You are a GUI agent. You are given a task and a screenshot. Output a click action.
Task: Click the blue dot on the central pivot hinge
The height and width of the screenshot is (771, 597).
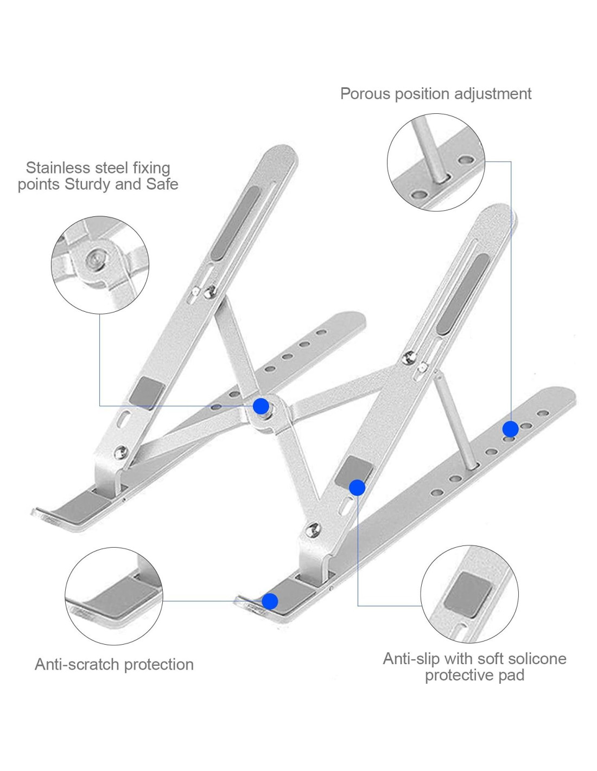(261, 406)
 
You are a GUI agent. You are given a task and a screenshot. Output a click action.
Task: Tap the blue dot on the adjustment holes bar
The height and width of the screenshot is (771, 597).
(510, 429)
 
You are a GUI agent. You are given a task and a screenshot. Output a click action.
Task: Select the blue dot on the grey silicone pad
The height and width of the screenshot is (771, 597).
(357, 487)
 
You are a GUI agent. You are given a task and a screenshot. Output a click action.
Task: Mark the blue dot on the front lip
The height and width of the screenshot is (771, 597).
(270, 601)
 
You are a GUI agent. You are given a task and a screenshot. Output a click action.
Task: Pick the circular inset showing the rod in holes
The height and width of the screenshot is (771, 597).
(436, 162)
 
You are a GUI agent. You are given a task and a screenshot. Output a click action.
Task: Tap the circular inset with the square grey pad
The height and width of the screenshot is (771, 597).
(469, 594)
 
